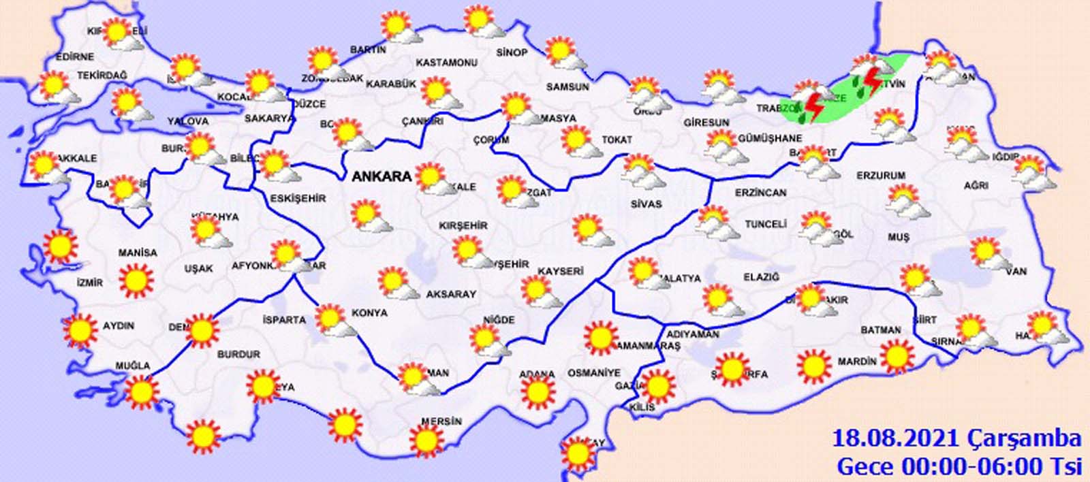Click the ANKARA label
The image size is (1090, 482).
381,176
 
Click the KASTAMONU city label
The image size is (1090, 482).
446,63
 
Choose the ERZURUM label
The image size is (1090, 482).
881,176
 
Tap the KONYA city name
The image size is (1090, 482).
369,313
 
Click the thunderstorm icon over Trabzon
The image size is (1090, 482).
810,100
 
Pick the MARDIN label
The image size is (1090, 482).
857,361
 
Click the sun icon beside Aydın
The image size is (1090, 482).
81,330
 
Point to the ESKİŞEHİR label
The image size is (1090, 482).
298,199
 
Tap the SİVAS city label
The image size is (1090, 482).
646,204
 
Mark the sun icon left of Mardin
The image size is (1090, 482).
814,366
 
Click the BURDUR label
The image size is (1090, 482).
238,355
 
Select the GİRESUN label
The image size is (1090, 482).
706,123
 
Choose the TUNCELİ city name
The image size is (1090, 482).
766,224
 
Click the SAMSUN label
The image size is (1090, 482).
567,87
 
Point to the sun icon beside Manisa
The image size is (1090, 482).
136,280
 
